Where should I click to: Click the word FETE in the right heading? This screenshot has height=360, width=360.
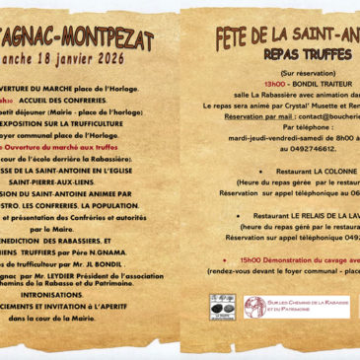point(237,37)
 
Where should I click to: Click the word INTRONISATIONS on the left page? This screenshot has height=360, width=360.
point(88,294)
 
